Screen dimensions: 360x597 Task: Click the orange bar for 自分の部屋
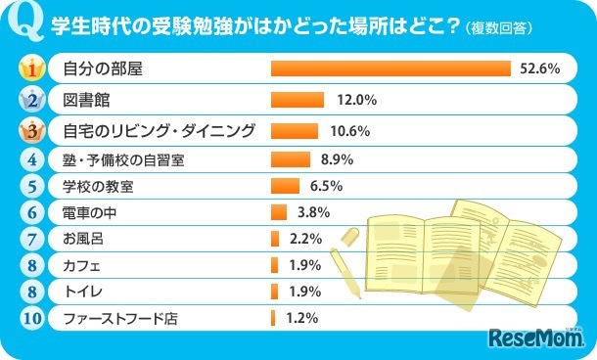pos(390,68)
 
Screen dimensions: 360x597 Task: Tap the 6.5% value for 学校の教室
pos(325,185)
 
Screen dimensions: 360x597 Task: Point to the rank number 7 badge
pos(31,238)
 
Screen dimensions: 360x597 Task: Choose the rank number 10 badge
pos(31,317)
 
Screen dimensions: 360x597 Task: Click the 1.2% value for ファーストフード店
pos(300,317)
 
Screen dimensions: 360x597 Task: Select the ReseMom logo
pos(535,337)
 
